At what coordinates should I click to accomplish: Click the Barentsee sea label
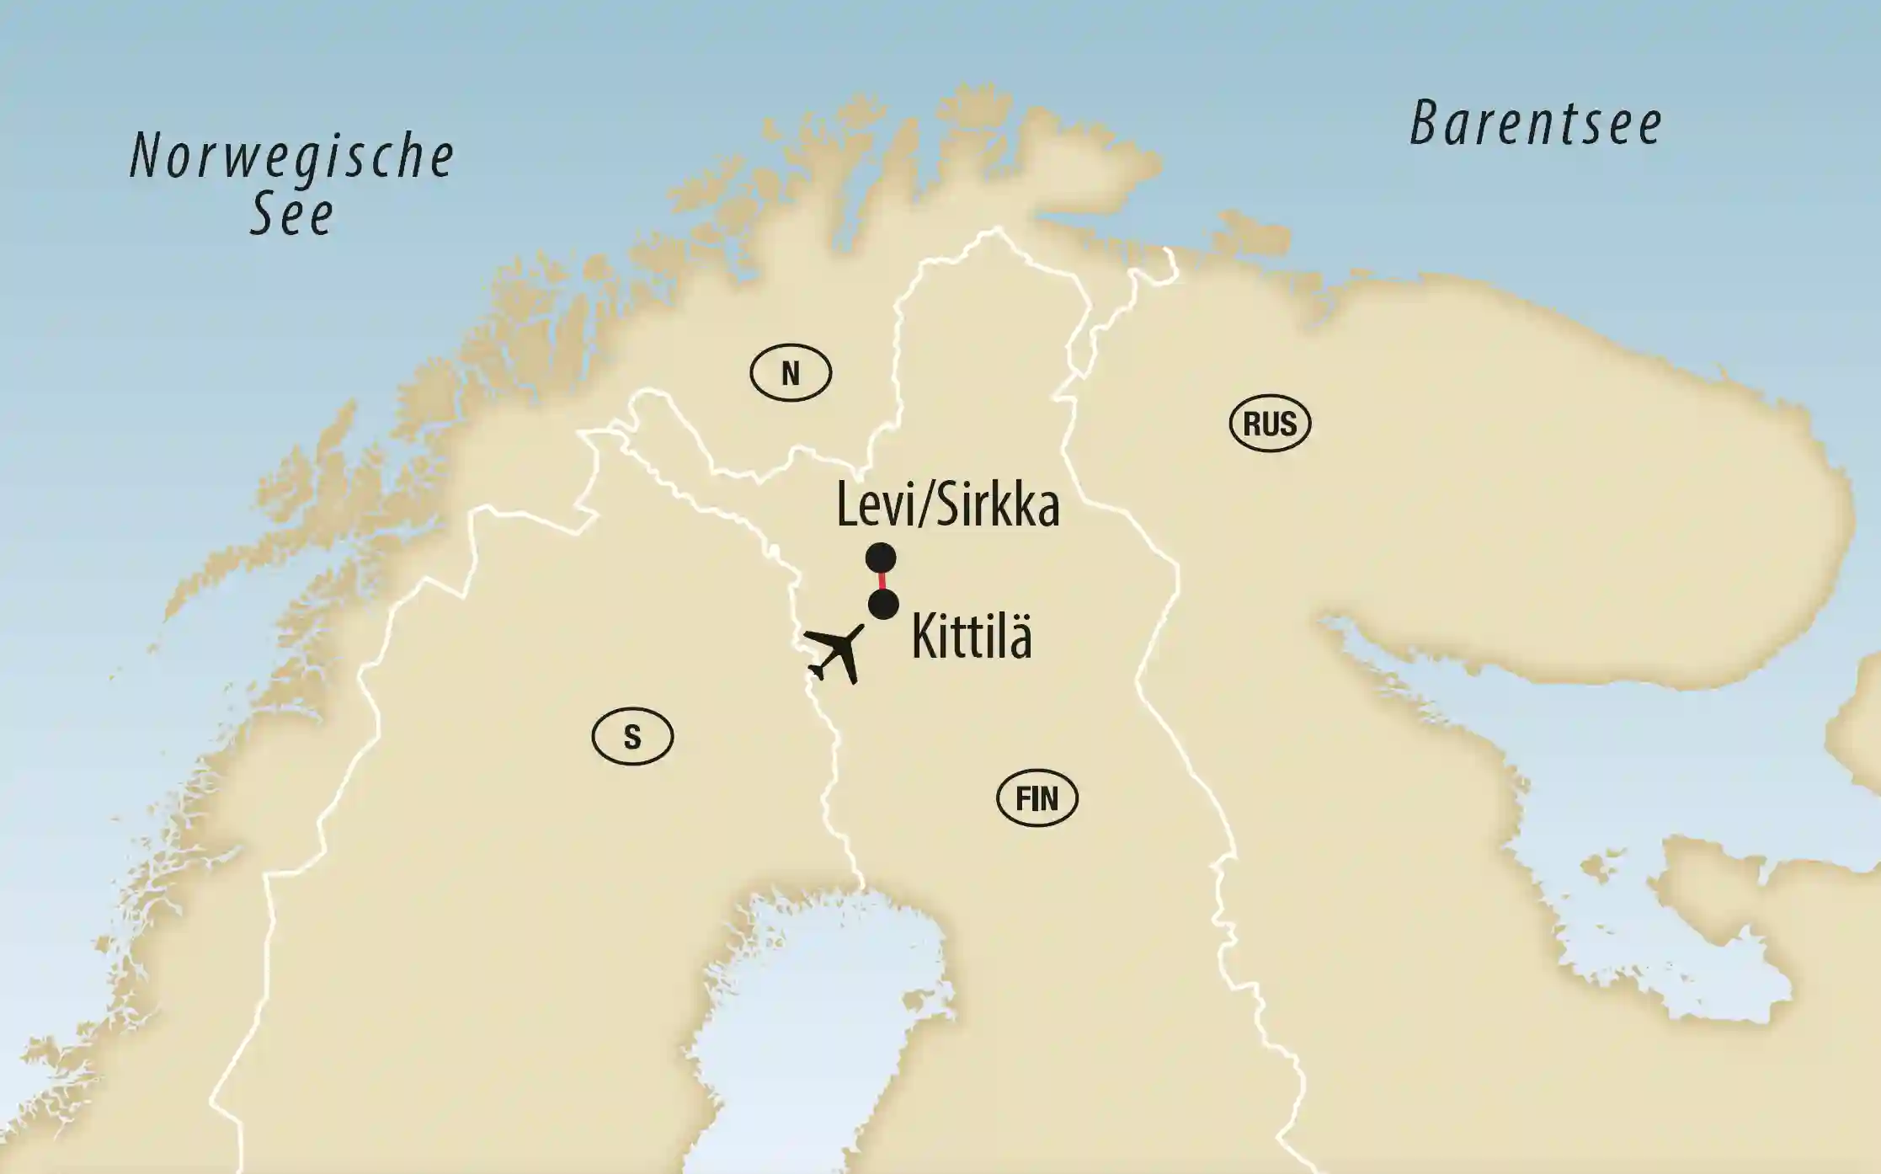pos(1536,124)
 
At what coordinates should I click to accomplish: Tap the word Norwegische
pos(292,157)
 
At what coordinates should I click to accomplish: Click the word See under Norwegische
pos(292,215)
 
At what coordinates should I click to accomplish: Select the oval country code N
pos(791,373)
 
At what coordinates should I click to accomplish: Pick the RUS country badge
pos(1270,424)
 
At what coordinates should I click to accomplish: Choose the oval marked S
pos(632,737)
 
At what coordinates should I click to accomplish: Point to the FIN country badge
pos(1036,798)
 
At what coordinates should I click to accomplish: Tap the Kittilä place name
pos(972,638)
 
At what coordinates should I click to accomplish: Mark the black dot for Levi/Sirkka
pos(881,558)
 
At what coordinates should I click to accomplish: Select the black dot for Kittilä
pos(883,605)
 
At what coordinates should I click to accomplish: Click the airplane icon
pos(834,654)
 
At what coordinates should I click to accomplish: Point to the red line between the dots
pos(882,581)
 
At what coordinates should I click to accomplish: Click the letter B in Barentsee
pos(1424,124)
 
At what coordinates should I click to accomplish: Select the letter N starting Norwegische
pos(146,157)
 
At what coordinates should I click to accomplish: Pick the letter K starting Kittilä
pos(925,638)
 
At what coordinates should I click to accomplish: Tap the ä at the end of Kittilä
pos(1020,639)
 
